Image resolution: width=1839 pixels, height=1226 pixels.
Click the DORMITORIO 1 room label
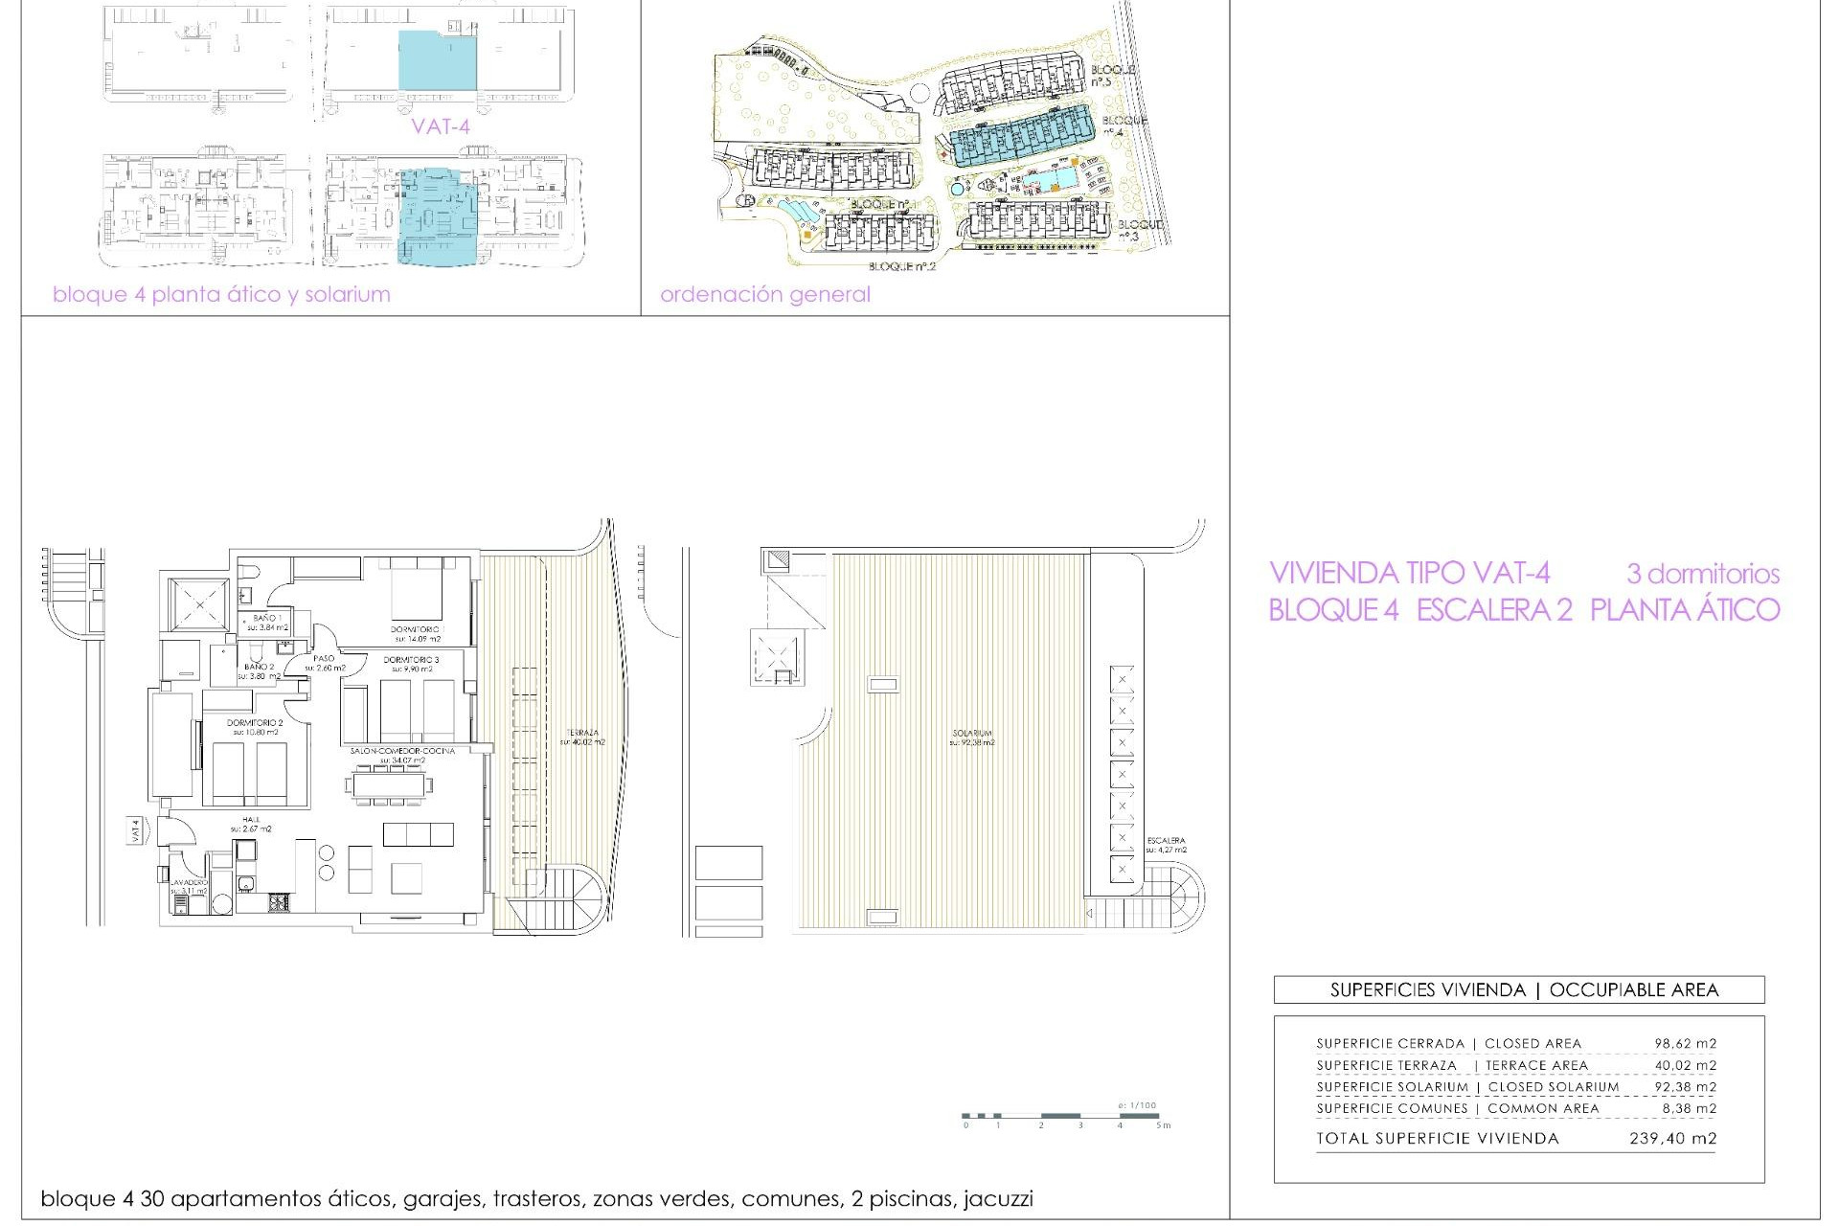point(417,629)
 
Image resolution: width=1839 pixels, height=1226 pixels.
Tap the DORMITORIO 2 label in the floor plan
point(255,723)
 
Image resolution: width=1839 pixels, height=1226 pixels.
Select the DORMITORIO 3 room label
point(411,660)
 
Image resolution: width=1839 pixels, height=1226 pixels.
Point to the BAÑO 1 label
point(267,619)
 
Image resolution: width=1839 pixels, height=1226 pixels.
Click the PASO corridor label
point(324,659)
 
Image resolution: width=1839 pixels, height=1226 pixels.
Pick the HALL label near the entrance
point(251,820)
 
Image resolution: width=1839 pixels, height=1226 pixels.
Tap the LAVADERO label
point(189,882)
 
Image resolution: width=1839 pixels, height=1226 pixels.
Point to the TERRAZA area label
point(581,733)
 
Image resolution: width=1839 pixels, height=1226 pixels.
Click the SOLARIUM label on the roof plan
point(972,734)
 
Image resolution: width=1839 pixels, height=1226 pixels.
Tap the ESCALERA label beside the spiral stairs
point(1166,841)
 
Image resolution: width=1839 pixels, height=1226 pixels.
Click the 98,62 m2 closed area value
point(1685,1044)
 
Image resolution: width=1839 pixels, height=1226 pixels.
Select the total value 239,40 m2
point(1672,1139)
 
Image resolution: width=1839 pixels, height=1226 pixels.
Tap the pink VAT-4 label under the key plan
point(441,125)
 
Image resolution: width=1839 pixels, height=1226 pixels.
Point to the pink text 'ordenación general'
point(765,294)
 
